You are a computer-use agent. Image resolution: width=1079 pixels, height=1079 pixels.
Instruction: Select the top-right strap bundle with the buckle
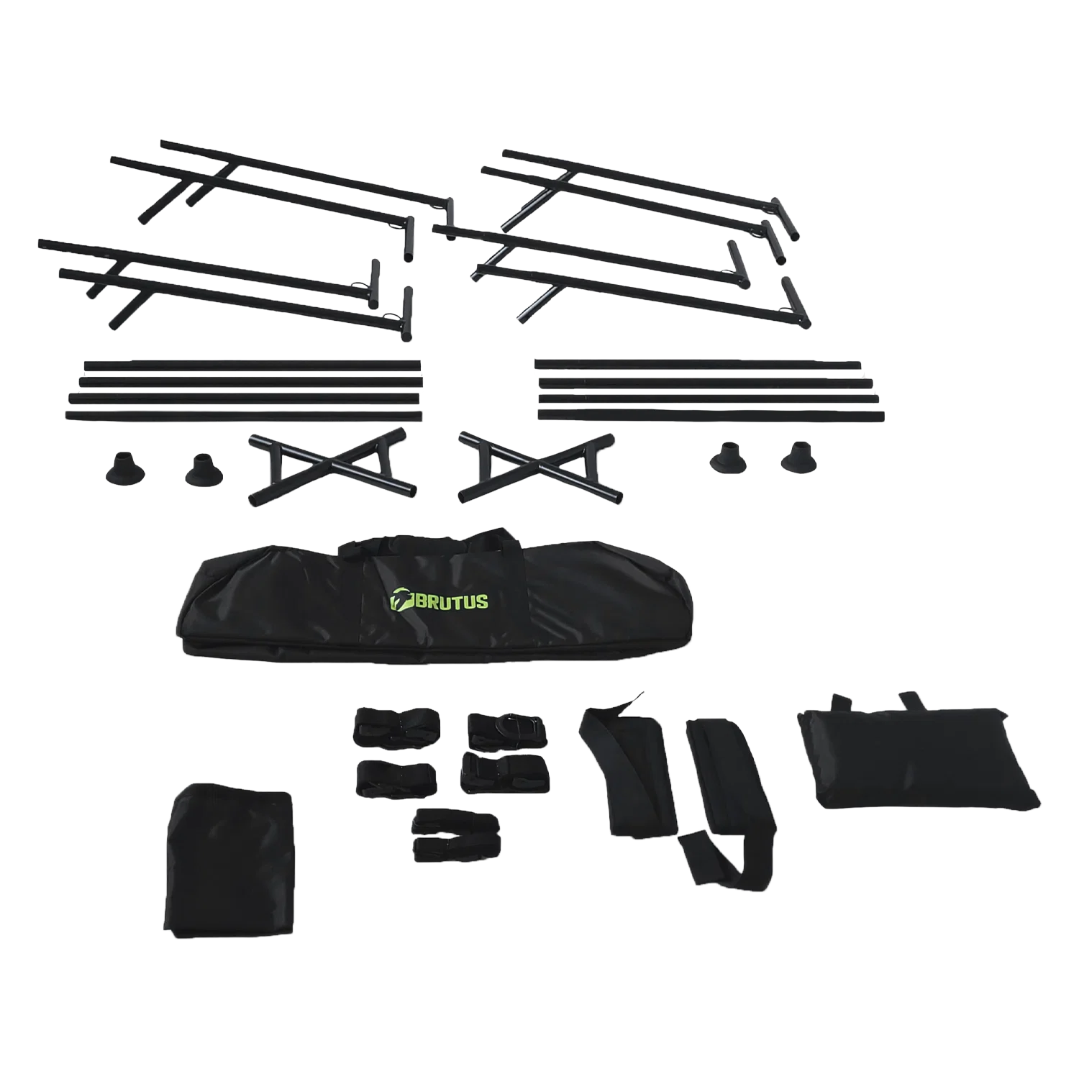click(x=501, y=731)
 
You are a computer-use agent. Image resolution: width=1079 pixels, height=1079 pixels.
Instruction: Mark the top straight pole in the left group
click(x=252, y=365)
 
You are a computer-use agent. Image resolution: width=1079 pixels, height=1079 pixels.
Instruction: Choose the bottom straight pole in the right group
click(x=710, y=415)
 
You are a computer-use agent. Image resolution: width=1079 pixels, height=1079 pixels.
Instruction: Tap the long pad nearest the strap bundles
click(x=629, y=770)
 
